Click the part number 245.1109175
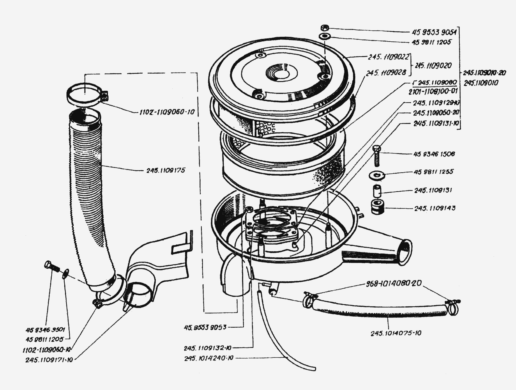point(166,170)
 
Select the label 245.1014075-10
point(396,333)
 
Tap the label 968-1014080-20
point(393,283)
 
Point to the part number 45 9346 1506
point(434,154)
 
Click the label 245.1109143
point(435,208)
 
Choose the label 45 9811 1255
point(433,172)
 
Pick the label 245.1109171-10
point(49,360)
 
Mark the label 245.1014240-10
point(208,358)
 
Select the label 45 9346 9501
point(45,330)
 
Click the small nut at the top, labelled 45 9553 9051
point(325,28)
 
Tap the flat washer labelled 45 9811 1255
point(377,175)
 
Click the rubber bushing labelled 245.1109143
point(378,207)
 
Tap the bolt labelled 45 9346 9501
point(51,266)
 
